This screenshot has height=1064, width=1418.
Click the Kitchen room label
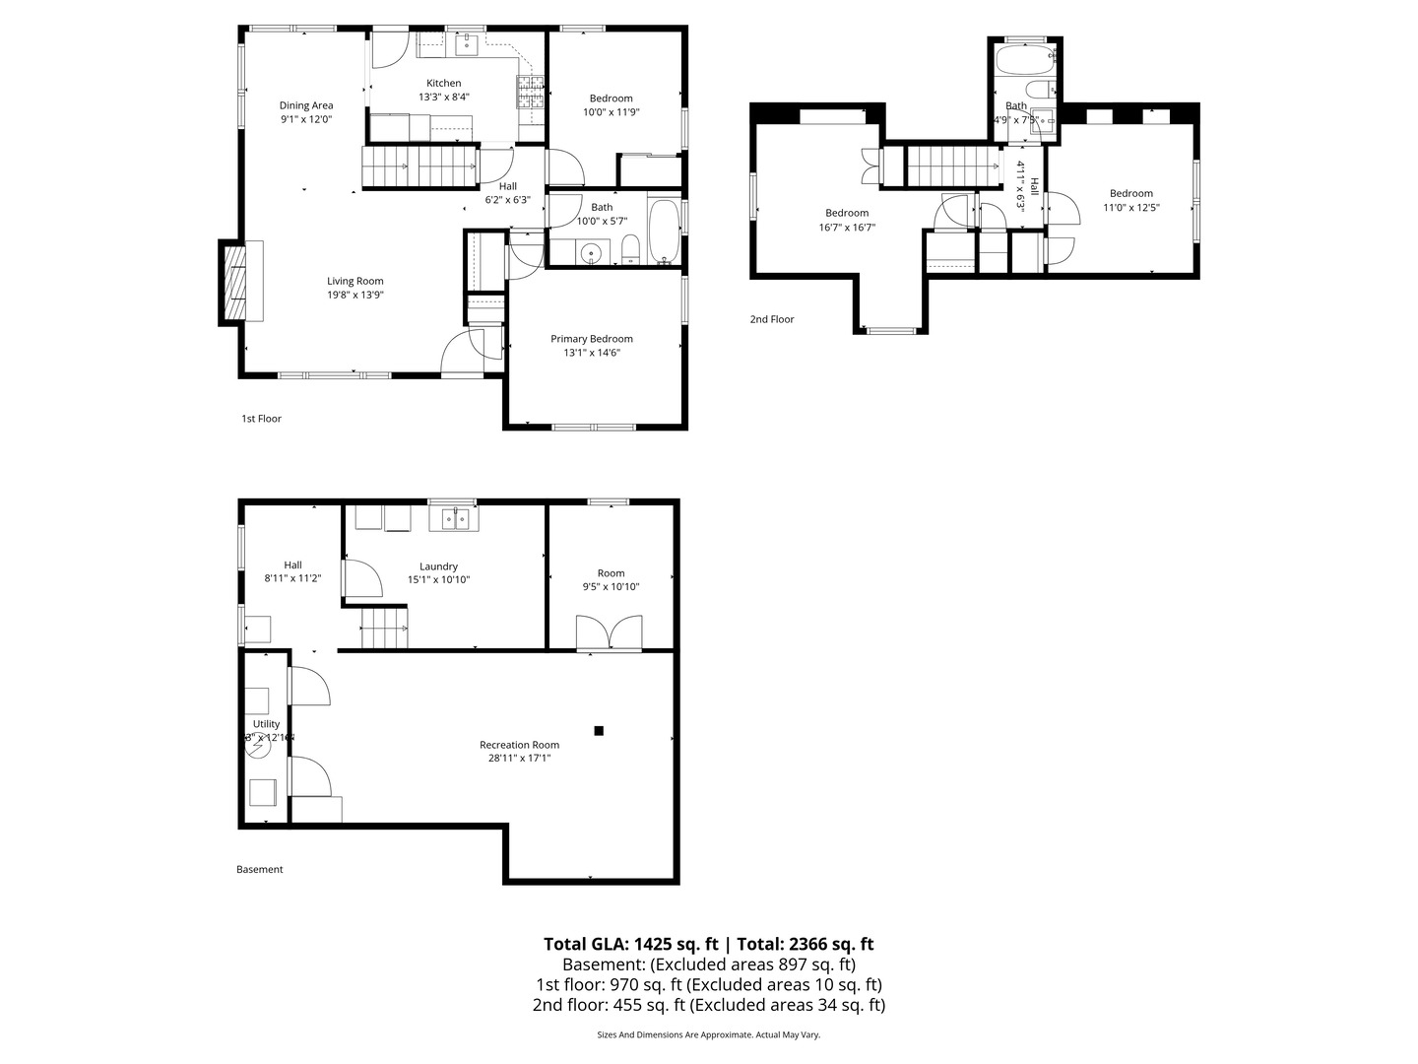click(443, 83)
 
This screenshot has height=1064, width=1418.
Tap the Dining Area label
click(306, 105)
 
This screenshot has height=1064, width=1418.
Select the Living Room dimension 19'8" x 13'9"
click(355, 295)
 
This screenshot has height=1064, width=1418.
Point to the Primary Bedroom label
click(591, 339)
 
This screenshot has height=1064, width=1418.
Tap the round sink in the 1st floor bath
click(591, 252)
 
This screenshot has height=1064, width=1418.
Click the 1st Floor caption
click(261, 419)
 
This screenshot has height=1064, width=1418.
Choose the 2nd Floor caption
click(771, 319)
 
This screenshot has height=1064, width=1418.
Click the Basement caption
click(259, 869)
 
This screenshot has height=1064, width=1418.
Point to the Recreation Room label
click(519, 745)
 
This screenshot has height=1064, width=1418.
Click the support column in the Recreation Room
click(598, 730)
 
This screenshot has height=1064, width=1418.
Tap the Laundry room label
click(438, 566)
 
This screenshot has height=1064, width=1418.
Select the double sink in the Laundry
click(455, 517)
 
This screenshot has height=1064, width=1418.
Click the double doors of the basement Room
click(610, 632)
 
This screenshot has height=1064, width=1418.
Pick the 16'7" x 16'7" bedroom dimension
click(847, 228)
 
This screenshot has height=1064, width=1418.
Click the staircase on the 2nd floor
click(951, 166)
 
